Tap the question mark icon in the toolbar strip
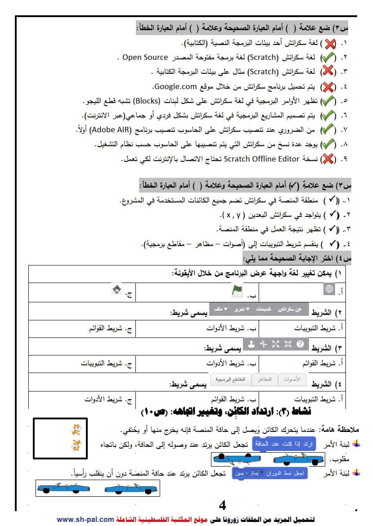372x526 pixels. (x=300, y=344)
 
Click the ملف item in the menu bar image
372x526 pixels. (x=220, y=310)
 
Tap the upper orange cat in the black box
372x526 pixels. (x=76, y=430)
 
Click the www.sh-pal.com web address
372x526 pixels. (x=85, y=519)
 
